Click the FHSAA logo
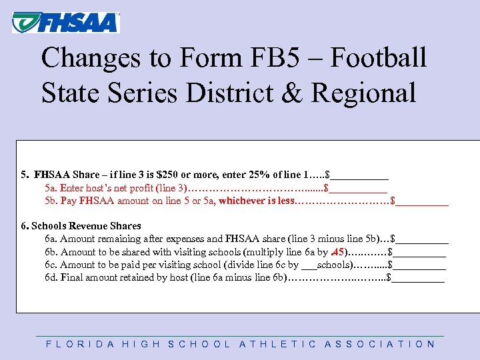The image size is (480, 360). [65, 23]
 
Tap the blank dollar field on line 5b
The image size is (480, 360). [423, 200]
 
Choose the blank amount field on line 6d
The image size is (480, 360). [419, 278]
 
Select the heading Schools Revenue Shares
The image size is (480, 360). [86, 226]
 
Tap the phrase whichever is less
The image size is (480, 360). [256, 200]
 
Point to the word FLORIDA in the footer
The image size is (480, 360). [77, 345]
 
